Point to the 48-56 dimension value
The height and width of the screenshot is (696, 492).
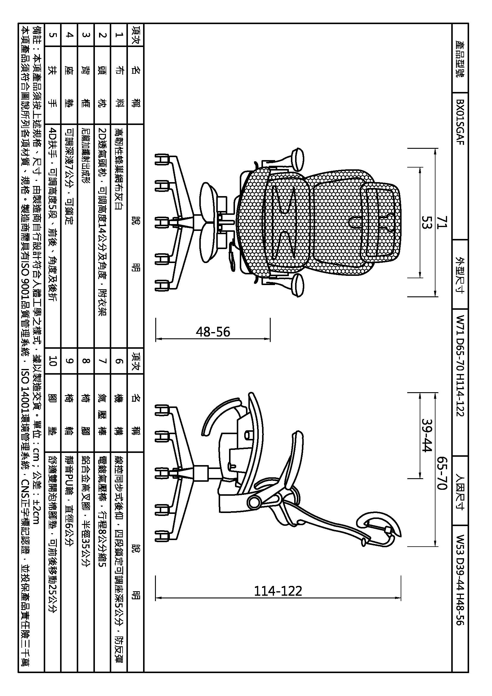[213, 331]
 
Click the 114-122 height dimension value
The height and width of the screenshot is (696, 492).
[278, 591]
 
